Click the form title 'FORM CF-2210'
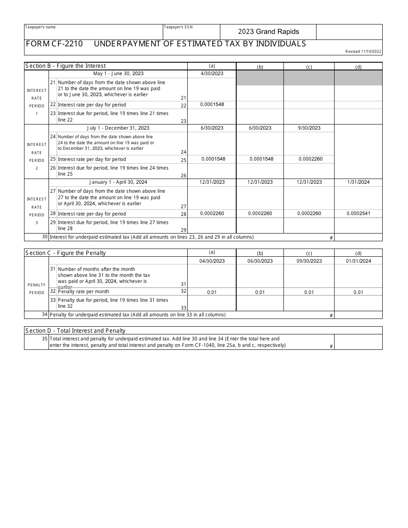54,44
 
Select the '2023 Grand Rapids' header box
268,32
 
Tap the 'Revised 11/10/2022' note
363,52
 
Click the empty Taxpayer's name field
93,34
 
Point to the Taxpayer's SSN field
191,34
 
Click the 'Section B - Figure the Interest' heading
65,66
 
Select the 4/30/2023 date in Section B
212,73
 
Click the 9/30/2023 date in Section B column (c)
309,128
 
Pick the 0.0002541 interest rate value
358,214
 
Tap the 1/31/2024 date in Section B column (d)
358,182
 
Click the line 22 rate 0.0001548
212,105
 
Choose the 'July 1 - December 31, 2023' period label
118,128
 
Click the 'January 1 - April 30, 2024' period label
118,182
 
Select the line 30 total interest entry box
358,237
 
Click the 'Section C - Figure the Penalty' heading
65,253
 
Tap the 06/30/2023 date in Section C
260,261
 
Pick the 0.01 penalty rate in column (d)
358,292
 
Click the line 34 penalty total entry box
358,315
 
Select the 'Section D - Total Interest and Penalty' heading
75,331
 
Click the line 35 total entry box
358,342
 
